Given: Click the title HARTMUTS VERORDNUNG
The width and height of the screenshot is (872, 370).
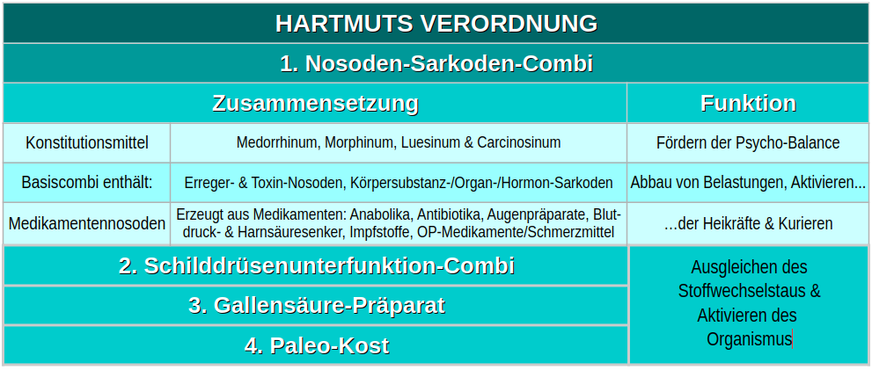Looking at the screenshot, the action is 436,24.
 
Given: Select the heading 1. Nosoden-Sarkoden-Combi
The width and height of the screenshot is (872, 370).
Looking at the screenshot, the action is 436,64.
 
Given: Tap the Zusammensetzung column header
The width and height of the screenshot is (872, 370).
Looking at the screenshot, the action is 315,104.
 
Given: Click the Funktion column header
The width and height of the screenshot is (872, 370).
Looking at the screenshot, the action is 749,104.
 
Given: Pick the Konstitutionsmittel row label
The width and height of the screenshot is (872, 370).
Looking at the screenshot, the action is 87,142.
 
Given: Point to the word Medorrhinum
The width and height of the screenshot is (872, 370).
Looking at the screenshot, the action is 278,142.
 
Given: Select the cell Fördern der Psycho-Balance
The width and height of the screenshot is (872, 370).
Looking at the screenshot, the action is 748,142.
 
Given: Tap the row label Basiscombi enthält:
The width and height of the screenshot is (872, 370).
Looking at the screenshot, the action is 87,182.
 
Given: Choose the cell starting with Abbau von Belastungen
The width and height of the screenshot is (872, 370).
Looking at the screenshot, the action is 748,182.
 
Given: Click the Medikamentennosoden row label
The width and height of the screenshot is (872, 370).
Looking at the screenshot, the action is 87,223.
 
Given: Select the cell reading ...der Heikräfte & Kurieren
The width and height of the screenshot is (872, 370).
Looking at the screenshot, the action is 748,223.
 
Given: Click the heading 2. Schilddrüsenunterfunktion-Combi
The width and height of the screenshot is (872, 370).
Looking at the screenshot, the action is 317,265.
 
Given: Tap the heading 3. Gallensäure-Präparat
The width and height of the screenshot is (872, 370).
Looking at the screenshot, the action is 317,306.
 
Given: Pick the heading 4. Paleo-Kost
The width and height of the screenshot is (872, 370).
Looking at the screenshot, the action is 317,345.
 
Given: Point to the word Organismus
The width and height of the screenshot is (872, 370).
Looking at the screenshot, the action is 749,339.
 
